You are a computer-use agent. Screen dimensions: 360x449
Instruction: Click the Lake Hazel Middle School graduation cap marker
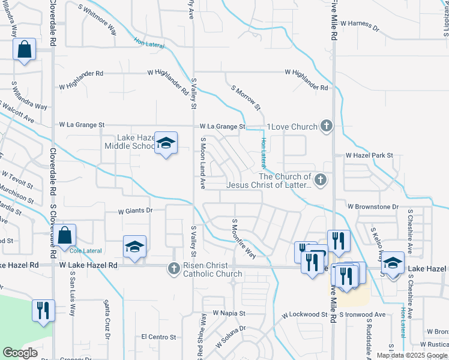[x=166, y=143]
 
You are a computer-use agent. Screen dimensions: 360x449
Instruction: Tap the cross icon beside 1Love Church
[x=326, y=126]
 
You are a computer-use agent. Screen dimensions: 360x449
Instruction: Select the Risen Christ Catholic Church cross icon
[x=173, y=268]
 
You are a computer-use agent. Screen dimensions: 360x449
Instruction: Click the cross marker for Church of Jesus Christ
[x=321, y=179]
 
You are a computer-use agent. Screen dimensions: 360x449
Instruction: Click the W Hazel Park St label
[x=369, y=155]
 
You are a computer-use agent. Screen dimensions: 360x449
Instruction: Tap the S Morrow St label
[x=247, y=97]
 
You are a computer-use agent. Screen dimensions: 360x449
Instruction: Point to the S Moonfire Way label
[x=244, y=239]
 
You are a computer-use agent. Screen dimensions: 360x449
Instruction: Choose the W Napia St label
[x=229, y=314]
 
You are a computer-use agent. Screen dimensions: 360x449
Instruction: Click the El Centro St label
[x=158, y=337]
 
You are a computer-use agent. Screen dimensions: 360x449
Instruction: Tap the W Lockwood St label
[x=304, y=314]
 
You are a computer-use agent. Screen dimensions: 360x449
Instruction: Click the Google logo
[x=20, y=353]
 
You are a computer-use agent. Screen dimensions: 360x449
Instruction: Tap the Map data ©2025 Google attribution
[x=411, y=355]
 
